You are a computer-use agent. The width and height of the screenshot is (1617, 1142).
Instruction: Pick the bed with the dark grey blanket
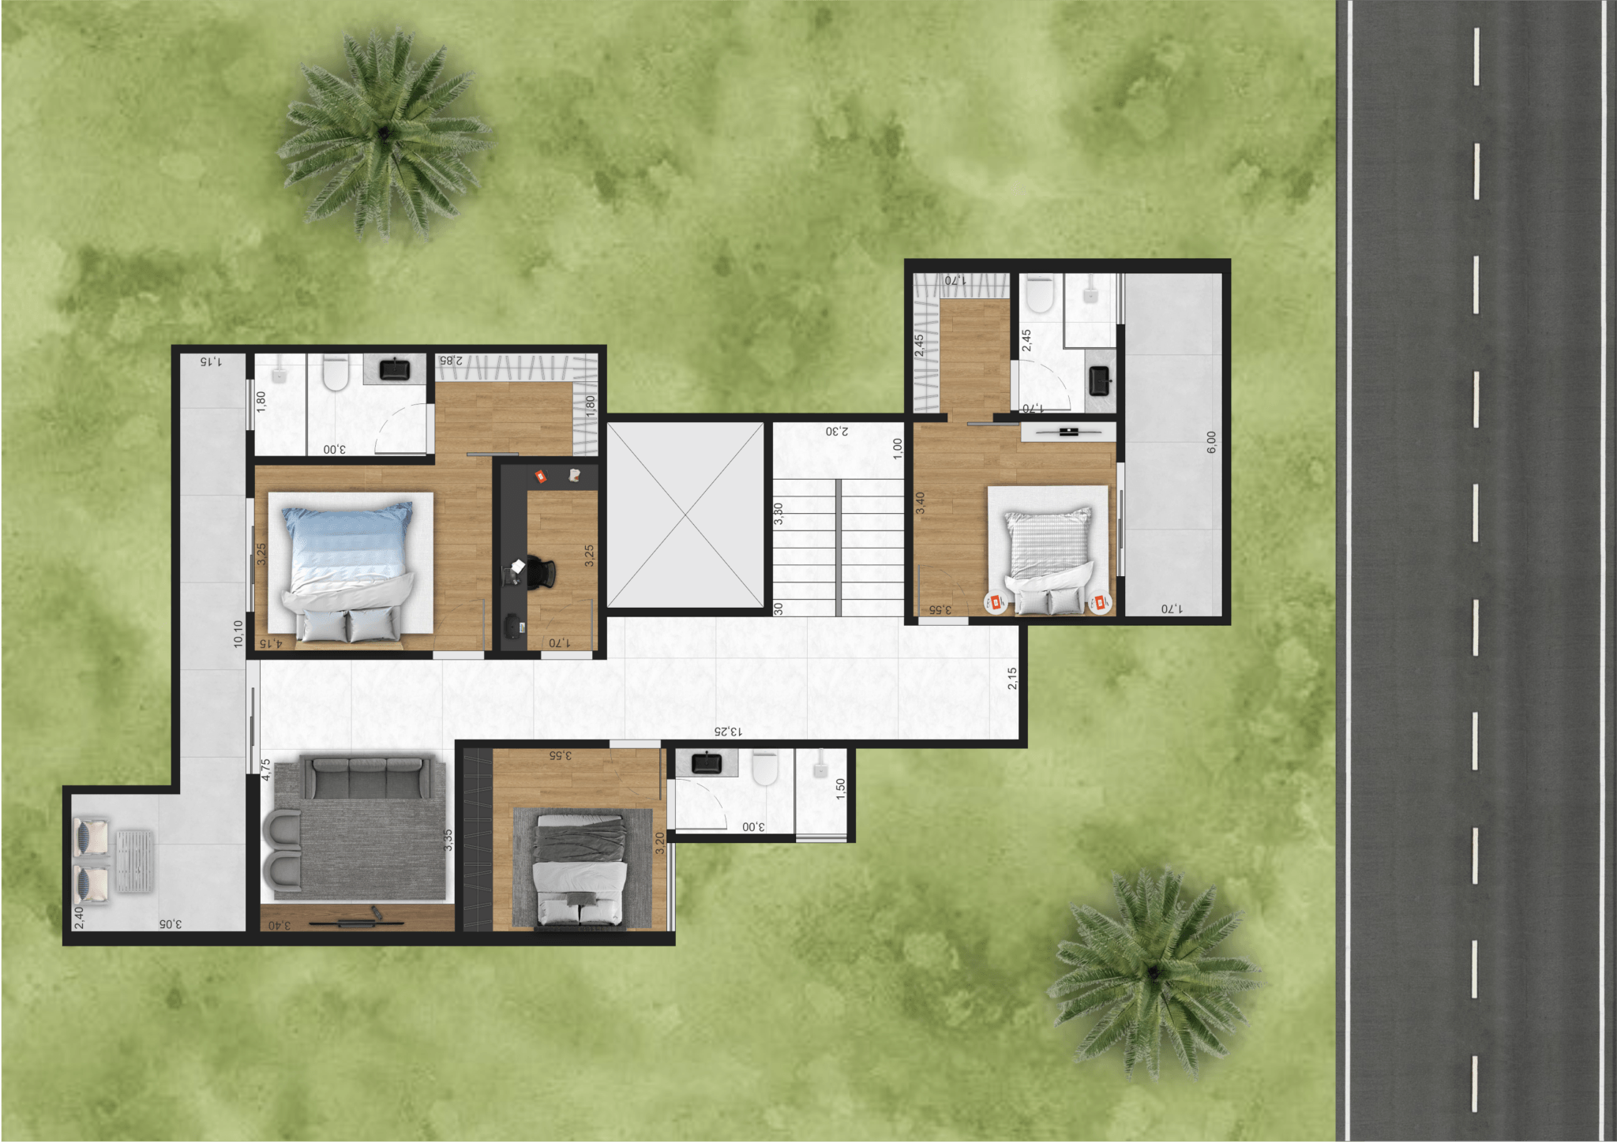pyautogui.click(x=581, y=868)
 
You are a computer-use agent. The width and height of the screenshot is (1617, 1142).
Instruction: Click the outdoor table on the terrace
pyautogui.click(x=135, y=862)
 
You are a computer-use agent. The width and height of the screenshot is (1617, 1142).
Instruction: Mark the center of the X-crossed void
pyautogui.click(x=685, y=515)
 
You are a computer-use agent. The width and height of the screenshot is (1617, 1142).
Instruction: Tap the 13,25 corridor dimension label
pyautogui.click(x=727, y=732)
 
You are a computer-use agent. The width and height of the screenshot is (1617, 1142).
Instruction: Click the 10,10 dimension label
pyautogui.click(x=238, y=634)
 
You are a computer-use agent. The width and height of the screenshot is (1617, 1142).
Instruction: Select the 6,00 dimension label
pyautogui.click(x=1211, y=442)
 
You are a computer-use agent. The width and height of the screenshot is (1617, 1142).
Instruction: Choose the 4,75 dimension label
pyautogui.click(x=266, y=769)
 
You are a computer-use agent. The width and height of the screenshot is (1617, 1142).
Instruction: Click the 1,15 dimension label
pyautogui.click(x=210, y=361)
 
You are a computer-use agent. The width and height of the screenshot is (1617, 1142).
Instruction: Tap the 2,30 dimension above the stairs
pyautogui.click(x=837, y=431)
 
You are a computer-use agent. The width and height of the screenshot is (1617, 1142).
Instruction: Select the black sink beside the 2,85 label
pyautogui.click(x=394, y=369)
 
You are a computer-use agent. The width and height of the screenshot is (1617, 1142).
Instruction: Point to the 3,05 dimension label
pyautogui.click(x=170, y=923)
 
